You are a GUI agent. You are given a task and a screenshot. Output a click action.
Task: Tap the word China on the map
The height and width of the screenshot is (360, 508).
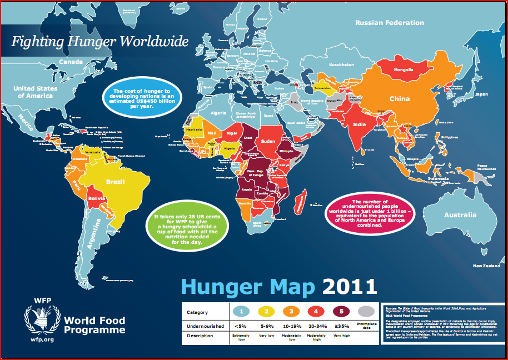point(399,99)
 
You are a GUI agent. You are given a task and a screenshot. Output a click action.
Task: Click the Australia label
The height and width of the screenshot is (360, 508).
point(460,214)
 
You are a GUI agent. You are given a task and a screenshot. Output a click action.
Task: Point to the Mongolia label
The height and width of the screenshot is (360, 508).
point(404,70)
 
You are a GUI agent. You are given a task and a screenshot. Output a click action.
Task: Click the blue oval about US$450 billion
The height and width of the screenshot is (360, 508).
point(142,98)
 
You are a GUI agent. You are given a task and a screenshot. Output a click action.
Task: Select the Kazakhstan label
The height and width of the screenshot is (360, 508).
point(342,65)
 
